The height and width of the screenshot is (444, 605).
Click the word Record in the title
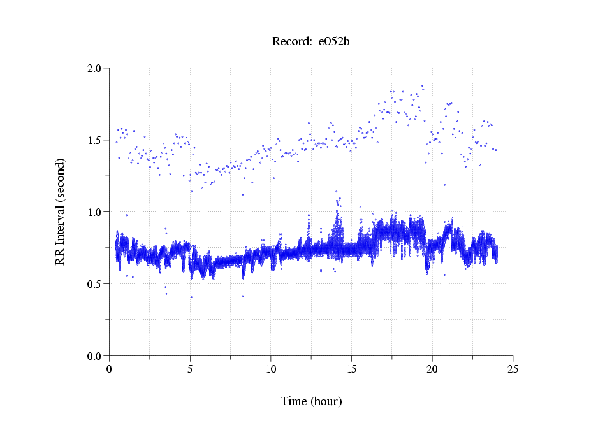click(291, 42)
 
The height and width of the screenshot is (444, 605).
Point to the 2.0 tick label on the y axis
click(94, 68)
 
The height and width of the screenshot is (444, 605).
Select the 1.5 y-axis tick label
click(94, 140)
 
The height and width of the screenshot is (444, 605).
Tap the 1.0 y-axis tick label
click(94, 212)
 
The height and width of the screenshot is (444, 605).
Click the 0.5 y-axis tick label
click(94, 284)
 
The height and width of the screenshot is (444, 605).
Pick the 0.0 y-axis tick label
click(94, 356)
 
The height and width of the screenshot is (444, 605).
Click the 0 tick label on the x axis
click(110, 369)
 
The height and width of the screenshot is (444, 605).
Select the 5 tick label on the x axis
click(190, 369)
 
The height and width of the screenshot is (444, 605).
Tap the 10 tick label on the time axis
click(271, 369)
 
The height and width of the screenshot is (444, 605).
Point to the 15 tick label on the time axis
click(352, 369)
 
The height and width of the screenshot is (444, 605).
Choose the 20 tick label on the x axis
click(432, 369)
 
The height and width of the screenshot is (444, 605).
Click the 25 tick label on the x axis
click(513, 369)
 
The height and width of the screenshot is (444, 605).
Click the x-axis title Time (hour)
click(311, 401)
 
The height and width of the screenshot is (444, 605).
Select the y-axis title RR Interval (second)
click(61, 211)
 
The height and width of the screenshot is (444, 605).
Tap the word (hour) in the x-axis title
click(326, 401)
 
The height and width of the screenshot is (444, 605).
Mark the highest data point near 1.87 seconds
click(421, 86)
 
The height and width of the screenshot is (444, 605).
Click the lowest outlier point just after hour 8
click(242, 296)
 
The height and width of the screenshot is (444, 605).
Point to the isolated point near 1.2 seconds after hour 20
click(444, 185)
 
